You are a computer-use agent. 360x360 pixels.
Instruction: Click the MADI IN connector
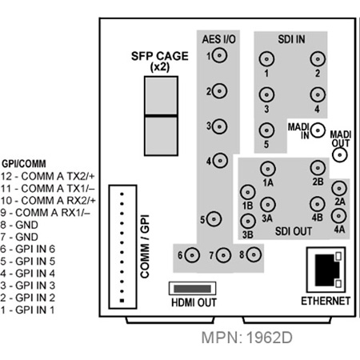pos(318,130)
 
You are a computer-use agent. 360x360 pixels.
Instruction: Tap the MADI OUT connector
pos(340,155)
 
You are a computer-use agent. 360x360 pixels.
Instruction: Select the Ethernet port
pos(326,270)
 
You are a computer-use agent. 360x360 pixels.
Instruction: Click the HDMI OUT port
pos(192,289)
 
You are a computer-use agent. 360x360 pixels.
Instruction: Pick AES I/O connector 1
pos(220,56)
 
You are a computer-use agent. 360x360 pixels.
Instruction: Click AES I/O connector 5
pos(214,219)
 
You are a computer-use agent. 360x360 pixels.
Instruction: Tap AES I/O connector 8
pos(254,254)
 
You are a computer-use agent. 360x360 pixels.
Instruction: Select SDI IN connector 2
pos(318,59)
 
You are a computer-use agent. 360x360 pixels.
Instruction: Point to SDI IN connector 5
pos(266,130)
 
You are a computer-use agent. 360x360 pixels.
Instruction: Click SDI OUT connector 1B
pos(248,192)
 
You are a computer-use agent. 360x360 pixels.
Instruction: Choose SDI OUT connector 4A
pos(338,215)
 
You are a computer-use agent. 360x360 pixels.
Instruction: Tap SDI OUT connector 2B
pos(318,168)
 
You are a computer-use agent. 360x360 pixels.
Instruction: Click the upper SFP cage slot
pos(161,96)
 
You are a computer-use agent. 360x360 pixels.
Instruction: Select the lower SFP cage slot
pos(161,136)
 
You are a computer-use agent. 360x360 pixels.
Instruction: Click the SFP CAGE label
pos(160,62)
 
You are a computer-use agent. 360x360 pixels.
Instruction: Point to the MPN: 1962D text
pos(247,338)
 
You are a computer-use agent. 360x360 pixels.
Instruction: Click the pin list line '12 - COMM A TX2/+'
pos(47,176)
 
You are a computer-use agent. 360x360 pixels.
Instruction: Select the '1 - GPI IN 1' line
pos(27,310)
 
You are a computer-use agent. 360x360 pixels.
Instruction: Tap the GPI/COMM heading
pos(24,163)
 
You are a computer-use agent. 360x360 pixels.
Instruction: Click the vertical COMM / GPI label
pos(145,246)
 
